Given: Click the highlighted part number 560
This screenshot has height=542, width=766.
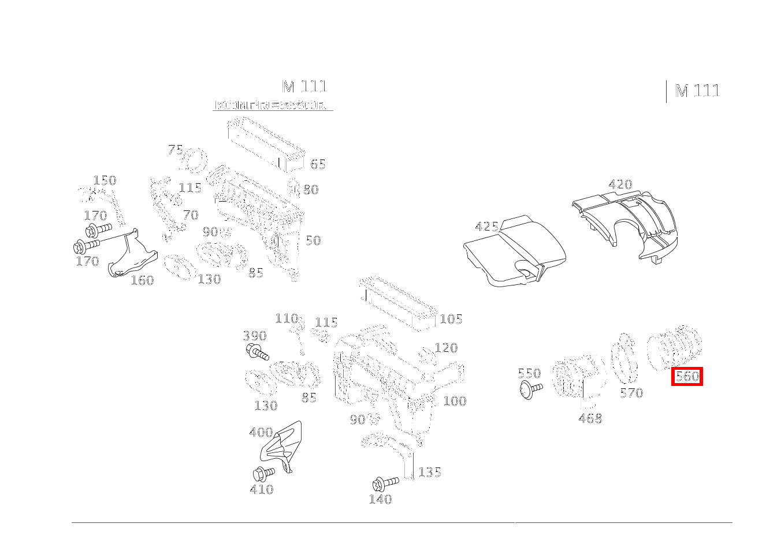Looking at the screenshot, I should click(x=687, y=377).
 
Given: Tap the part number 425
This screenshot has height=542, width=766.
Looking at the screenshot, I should click(x=486, y=227).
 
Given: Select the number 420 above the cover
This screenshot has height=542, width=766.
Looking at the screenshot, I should click(x=620, y=185).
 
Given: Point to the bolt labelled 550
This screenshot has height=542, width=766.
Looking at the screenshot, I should click(x=530, y=390).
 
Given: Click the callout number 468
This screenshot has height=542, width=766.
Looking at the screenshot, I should click(x=590, y=418).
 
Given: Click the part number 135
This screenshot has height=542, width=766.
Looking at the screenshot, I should click(x=429, y=473).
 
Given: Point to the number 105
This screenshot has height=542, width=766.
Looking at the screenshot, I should click(x=451, y=319).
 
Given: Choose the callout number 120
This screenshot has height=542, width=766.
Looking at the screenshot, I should click(x=445, y=348).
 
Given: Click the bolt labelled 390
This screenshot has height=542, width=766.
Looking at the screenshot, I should click(x=257, y=352).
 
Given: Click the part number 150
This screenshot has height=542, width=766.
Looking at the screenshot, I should click(x=105, y=181).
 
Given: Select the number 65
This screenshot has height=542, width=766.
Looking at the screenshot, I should click(x=318, y=164).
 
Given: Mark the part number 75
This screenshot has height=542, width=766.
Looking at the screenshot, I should click(x=175, y=150).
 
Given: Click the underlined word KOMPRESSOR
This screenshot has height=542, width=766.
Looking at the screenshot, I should click(x=271, y=106).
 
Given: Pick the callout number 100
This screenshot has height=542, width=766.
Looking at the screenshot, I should click(x=455, y=401).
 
